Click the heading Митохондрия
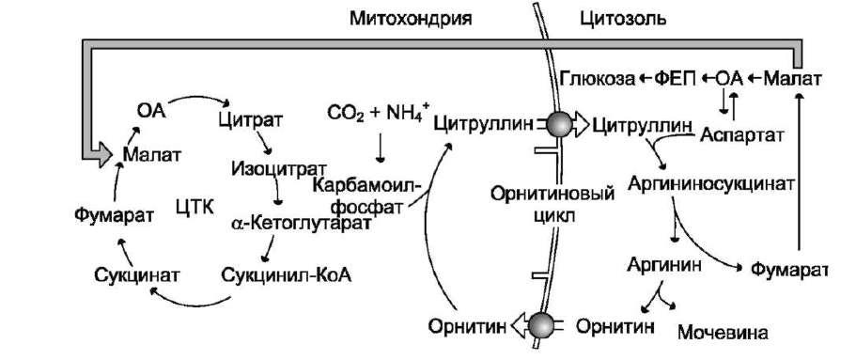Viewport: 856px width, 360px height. pyautogui.click(x=411, y=19)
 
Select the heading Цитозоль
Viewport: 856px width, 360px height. pyautogui.click(x=622, y=19)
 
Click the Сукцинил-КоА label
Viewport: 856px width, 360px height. pyautogui.click(x=286, y=275)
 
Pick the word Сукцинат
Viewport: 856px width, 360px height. pyautogui.click(x=136, y=275)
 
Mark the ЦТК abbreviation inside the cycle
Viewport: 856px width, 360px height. pyautogui.click(x=195, y=207)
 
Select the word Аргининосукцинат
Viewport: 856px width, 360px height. pyautogui.click(x=709, y=183)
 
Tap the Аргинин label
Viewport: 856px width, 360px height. pyautogui.click(x=663, y=264)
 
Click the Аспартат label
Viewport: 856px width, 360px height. pyautogui.click(x=742, y=134)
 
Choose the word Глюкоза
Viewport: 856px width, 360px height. pyautogui.click(x=598, y=80)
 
